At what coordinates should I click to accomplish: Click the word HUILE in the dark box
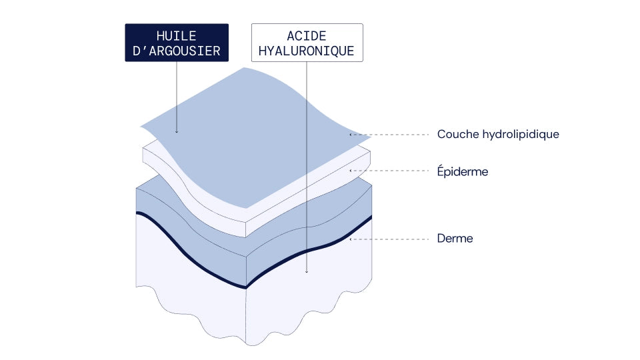pyautogui.click(x=176, y=36)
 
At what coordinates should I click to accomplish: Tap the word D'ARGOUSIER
pyautogui.click(x=176, y=51)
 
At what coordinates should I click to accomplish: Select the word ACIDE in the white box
pyautogui.click(x=307, y=36)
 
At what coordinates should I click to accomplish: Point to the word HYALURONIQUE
pyautogui.click(x=307, y=51)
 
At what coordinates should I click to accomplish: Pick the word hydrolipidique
pyautogui.click(x=521, y=134)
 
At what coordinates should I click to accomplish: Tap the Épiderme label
pyautogui.click(x=463, y=171)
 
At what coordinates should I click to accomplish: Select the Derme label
pyautogui.click(x=455, y=239)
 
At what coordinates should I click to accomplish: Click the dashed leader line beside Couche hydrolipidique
pyautogui.click(x=390, y=134)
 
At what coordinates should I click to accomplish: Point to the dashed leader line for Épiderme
pyautogui.click(x=390, y=171)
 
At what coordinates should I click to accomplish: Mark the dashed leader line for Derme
pyautogui.click(x=390, y=239)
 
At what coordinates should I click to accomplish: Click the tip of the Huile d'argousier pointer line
pyautogui.click(x=177, y=132)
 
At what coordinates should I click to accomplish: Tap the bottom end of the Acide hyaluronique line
pyautogui.click(x=307, y=272)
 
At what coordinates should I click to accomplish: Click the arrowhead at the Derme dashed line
pyautogui.click(x=351, y=239)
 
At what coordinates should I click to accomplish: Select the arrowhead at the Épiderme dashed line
pyautogui.click(x=351, y=171)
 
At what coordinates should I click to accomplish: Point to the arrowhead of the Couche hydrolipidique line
pyautogui.click(x=351, y=134)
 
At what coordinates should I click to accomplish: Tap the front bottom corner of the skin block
pyautogui.click(x=246, y=344)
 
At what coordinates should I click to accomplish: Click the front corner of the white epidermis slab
pyautogui.click(x=246, y=237)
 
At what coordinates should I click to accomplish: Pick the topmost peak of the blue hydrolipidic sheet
pyautogui.click(x=245, y=68)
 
